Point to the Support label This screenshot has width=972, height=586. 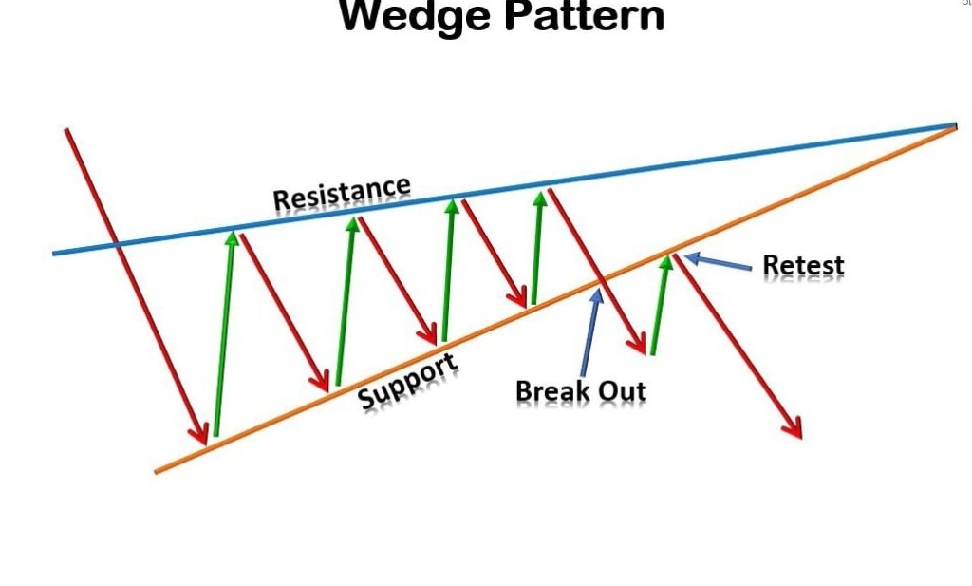408,380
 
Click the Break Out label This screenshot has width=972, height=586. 580,391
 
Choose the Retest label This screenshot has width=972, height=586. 803,265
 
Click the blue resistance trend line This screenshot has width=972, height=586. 759,155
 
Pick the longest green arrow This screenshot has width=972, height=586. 224,332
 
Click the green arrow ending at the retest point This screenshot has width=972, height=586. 660,304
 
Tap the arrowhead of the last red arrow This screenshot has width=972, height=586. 794,430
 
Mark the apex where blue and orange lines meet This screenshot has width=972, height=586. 955,124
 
